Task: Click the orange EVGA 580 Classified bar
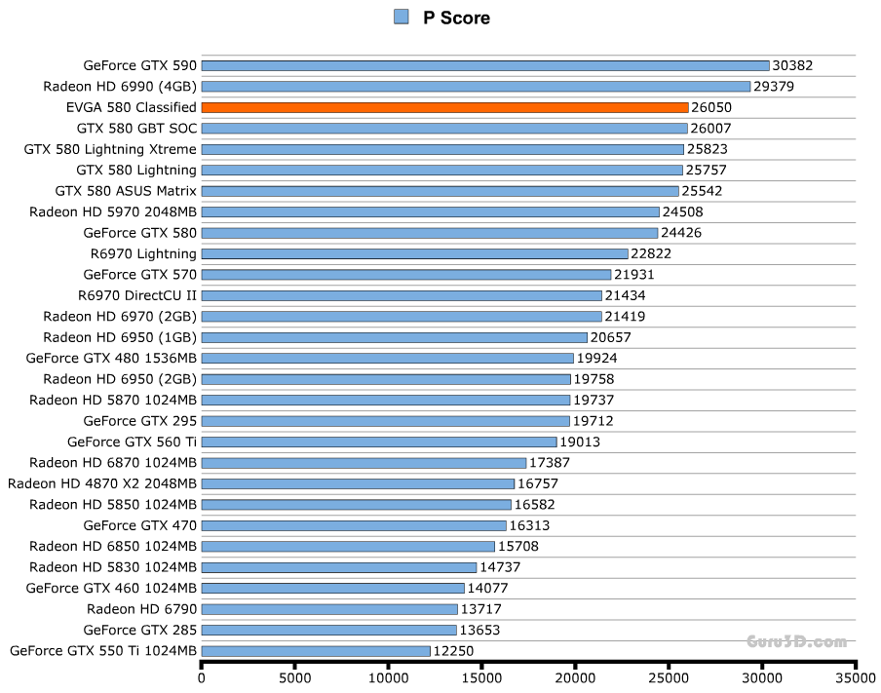click(x=444, y=107)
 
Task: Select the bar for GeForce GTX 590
click(x=485, y=66)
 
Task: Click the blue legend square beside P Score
click(x=401, y=17)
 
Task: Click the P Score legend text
click(x=456, y=18)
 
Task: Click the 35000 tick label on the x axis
click(x=855, y=677)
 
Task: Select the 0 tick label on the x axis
click(x=202, y=677)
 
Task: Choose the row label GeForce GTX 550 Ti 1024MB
click(x=102, y=650)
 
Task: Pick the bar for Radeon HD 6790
click(x=329, y=609)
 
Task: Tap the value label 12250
click(x=453, y=650)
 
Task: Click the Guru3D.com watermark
click(x=796, y=641)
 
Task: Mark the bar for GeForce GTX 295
click(x=385, y=421)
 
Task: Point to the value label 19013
click(x=580, y=442)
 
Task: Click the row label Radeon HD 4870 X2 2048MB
click(x=102, y=483)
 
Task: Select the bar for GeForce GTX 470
click(x=354, y=525)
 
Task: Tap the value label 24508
click(x=682, y=212)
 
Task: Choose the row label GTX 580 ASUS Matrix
click(x=126, y=191)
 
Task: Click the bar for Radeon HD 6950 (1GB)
click(x=394, y=337)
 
